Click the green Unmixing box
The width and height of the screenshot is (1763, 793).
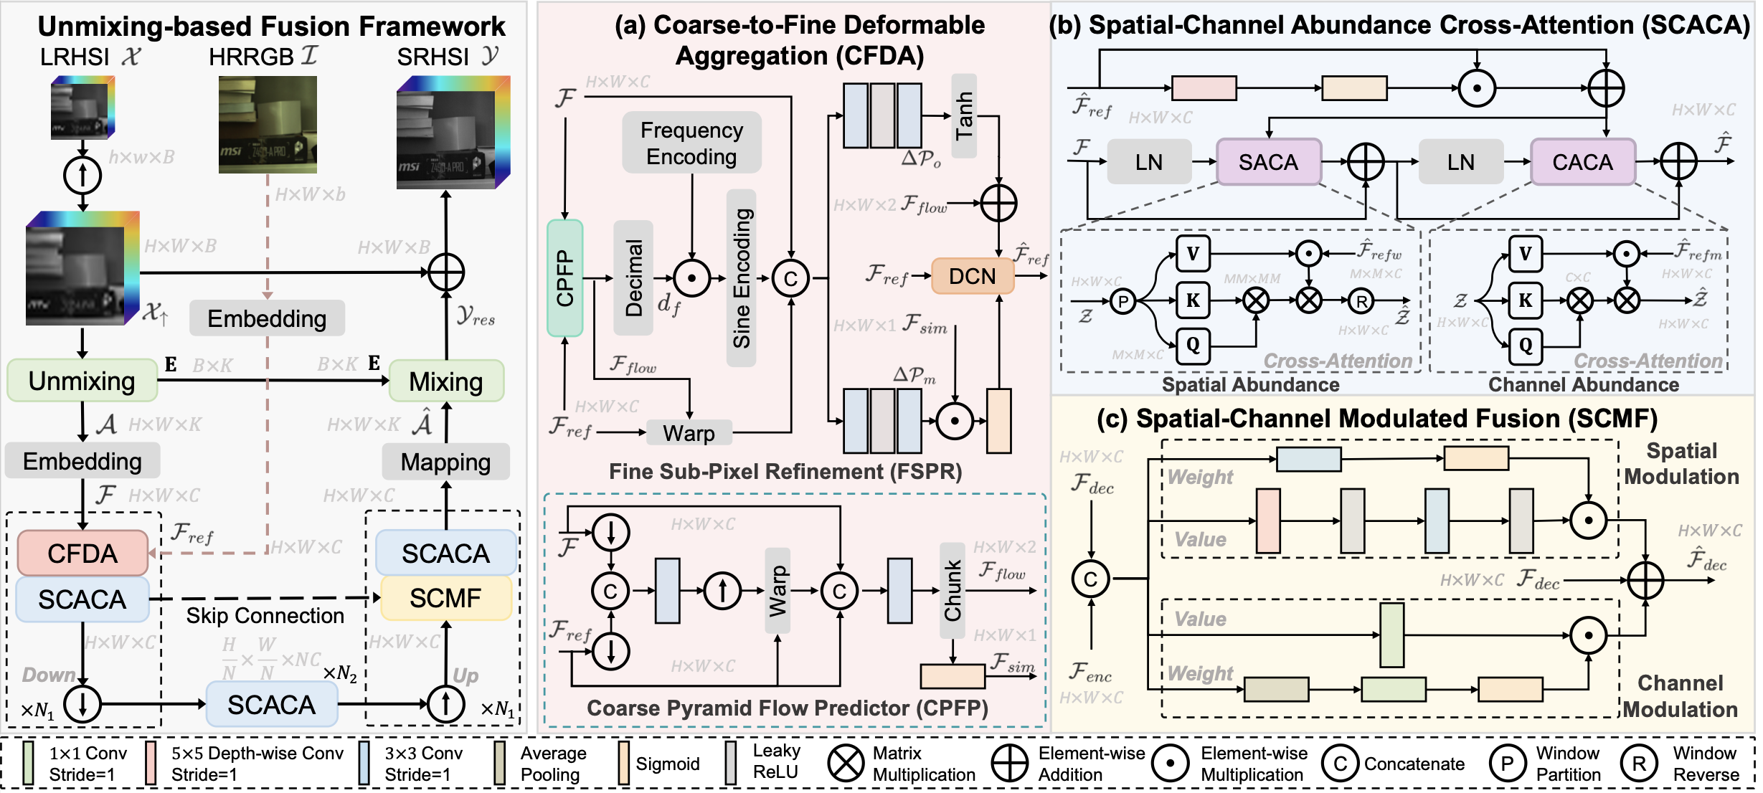point(82,381)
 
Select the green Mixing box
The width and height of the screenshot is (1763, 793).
point(446,381)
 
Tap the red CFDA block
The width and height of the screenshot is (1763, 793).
point(82,553)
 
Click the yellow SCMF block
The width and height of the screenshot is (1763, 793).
point(445,598)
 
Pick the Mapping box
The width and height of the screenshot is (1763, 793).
point(445,462)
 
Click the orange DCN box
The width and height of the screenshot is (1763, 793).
point(972,276)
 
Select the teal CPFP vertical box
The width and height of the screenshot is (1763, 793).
point(565,278)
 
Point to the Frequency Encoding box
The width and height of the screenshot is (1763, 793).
point(691,143)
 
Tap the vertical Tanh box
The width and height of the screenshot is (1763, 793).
point(964,115)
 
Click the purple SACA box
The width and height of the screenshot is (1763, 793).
point(1268,162)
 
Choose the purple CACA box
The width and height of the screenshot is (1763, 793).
point(1582,162)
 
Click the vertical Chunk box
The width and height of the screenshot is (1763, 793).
point(953,590)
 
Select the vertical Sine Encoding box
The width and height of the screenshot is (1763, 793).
point(742,278)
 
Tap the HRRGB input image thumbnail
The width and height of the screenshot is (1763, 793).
point(268,125)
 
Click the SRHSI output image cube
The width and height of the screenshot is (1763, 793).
point(453,133)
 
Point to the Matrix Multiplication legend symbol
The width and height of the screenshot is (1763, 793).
point(846,763)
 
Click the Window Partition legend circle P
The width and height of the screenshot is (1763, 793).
point(1507,764)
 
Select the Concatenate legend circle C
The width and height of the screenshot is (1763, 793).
point(1339,764)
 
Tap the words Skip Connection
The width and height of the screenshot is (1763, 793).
point(265,616)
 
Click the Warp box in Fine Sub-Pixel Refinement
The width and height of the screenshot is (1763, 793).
point(689,433)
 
